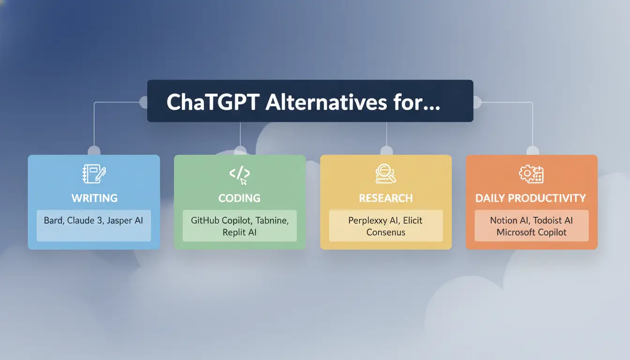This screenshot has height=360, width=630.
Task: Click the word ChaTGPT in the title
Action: [x=213, y=102]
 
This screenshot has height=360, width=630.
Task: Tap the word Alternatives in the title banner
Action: [x=326, y=102]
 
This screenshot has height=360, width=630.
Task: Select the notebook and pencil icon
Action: [x=94, y=174]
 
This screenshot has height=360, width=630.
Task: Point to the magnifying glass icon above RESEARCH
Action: [x=386, y=174]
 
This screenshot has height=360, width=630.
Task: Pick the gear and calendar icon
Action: [x=531, y=174]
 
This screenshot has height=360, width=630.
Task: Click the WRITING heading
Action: [x=95, y=198]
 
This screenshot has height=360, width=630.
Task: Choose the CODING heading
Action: [x=240, y=198]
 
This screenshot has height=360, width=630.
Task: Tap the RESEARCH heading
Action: [x=386, y=198]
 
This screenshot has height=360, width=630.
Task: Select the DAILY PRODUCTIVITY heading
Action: [x=531, y=198]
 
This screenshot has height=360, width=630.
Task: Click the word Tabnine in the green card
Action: [x=272, y=220]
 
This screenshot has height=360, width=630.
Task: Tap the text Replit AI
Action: [x=240, y=232]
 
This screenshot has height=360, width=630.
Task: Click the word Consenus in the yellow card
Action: [x=386, y=232]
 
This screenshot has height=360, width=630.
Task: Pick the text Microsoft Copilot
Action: [x=531, y=232]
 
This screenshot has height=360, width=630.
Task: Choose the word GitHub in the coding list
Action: [x=205, y=220]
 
